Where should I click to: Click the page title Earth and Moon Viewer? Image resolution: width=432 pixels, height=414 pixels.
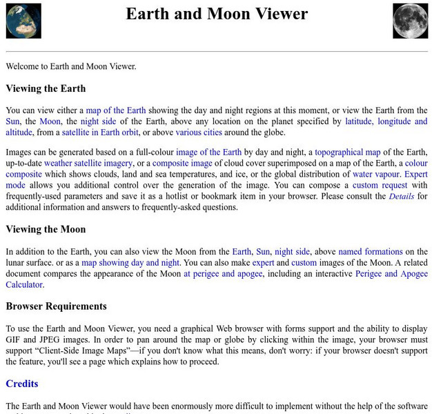[x=217, y=14]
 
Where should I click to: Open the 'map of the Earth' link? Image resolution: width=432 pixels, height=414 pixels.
[x=115, y=110]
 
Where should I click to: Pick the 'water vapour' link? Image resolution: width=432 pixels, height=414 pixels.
[x=375, y=175]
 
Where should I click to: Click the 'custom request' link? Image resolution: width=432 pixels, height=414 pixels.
[x=380, y=186]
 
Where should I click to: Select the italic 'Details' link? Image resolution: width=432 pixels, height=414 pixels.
[x=401, y=197]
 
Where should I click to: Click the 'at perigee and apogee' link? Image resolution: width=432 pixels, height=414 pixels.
[x=222, y=274]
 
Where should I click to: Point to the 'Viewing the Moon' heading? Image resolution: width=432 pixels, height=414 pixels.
[x=46, y=230]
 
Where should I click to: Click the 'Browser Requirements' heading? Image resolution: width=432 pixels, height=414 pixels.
[x=56, y=306]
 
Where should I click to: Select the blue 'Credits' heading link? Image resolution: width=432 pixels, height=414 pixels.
[x=22, y=384]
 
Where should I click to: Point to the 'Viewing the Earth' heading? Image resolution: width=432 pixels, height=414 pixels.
[x=46, y=88]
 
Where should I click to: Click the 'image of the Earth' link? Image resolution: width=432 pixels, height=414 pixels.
[x=208, y=152]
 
